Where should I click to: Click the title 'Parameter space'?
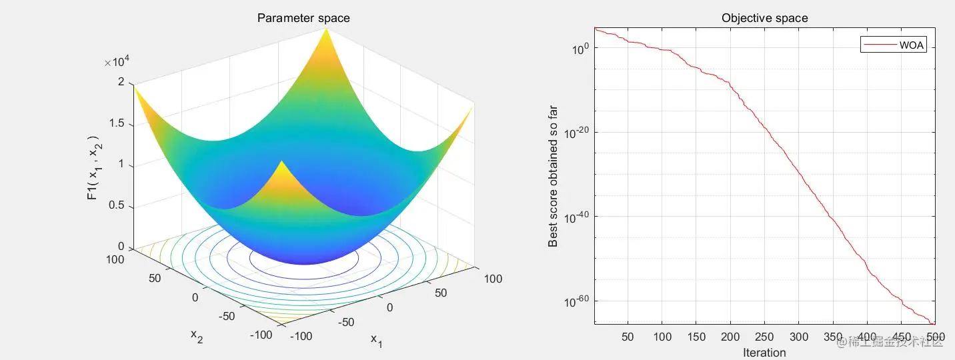[303, 18]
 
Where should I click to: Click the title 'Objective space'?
[764, 18]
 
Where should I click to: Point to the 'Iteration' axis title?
[764, 353]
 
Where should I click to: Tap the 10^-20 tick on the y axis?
[576, 132]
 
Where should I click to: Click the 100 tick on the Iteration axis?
[662, 337]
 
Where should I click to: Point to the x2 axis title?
[197, 335]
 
